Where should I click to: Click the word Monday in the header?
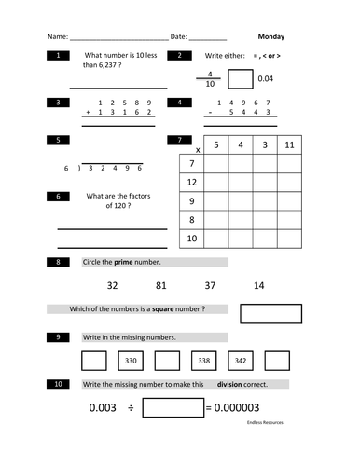(x=270, y=37)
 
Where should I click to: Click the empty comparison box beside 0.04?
(x=240, y=79)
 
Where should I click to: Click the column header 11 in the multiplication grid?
(x=289, y=144)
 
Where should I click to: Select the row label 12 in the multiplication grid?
(x=191, y=182)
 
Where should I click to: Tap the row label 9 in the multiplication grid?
(x=191, y=200)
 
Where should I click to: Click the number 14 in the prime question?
(x=258, y=285)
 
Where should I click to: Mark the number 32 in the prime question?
(x=112, y=285)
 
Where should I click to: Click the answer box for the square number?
(x=275, y=313)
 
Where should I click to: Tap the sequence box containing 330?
(x=131, y=361)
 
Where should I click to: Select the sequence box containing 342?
(x=240, y=361)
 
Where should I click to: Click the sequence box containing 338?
(x=203, y=361)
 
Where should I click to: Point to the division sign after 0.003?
(x=131, y=408)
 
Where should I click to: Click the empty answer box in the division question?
(x=173, y=407)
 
